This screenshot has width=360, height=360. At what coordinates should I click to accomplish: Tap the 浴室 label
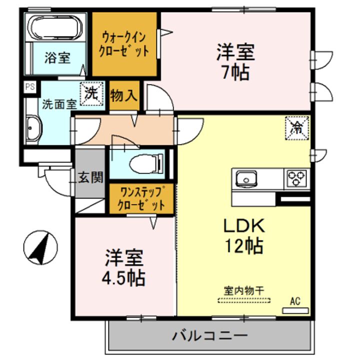tap(57, 58)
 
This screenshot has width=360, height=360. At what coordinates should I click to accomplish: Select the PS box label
tap(30, 86)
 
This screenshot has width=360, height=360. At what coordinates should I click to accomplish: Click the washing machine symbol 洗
tap(91, 93)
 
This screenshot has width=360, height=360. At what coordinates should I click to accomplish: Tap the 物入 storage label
tap(123, 95)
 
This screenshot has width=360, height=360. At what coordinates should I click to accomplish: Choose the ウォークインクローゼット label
tap(124, 44)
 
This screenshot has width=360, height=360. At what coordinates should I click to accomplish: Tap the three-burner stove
tap(296, 178)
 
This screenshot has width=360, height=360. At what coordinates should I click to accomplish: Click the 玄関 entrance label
tap(90, 177)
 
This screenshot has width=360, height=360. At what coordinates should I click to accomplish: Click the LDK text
tap(243, 226)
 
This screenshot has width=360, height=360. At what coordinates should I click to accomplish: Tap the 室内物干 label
tap(243, 290)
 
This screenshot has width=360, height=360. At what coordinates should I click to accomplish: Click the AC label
tap(295, 301)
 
